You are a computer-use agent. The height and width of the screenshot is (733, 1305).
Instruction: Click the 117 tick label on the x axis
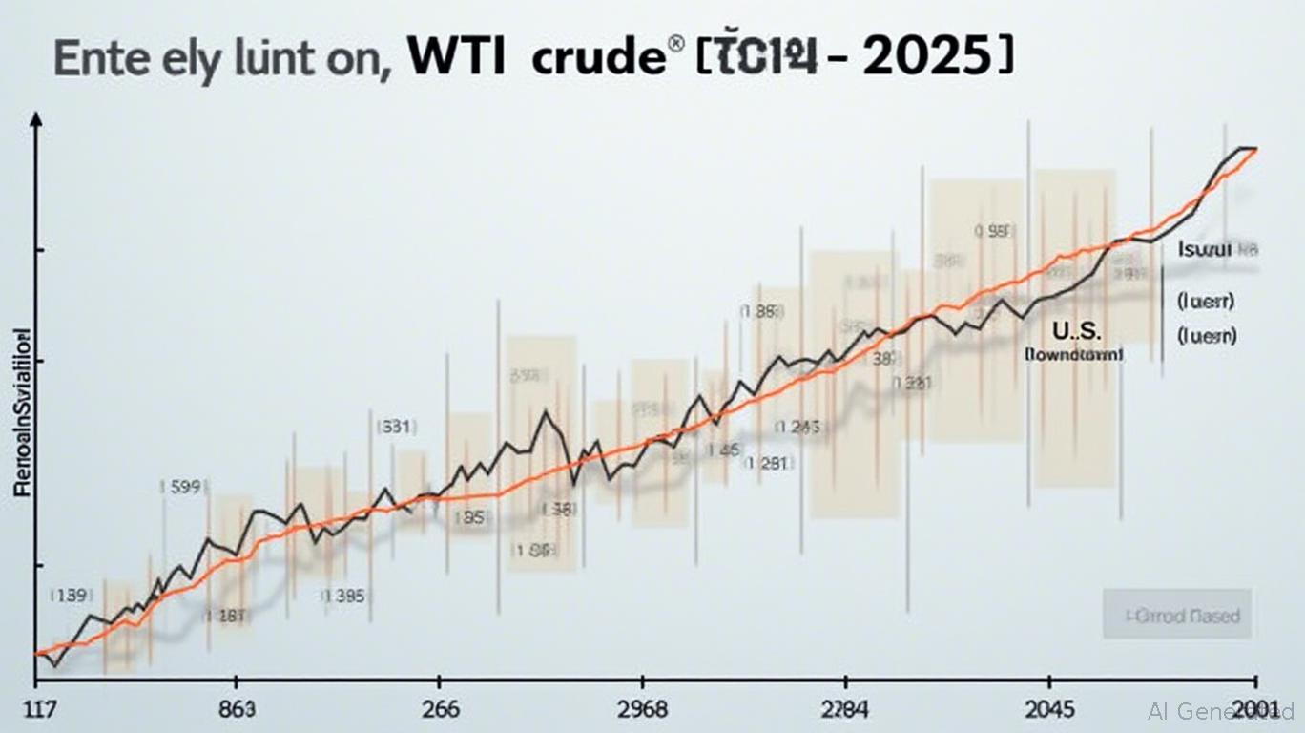(33, 711)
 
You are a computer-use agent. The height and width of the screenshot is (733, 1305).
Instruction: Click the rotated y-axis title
(23, 411)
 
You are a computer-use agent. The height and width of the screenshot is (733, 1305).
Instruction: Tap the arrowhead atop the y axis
(36, 119)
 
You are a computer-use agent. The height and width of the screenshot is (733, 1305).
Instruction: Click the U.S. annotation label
(1076, 331)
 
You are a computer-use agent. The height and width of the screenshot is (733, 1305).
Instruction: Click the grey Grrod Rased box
(1176, 614)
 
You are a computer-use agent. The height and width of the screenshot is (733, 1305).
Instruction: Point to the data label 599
(178, 487)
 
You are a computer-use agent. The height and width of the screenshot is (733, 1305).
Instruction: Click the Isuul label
(1210, 250)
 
